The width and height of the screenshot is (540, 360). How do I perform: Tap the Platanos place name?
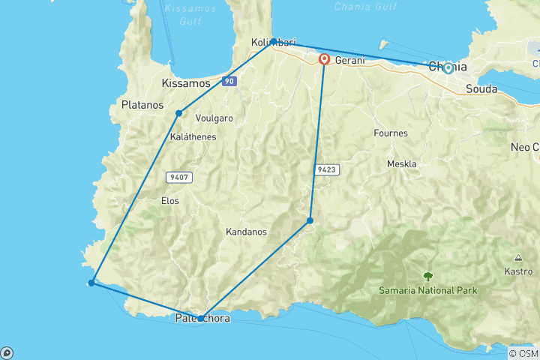[142, 106]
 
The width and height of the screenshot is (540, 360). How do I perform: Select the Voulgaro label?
[214, 118]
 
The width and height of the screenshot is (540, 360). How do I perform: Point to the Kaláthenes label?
[193, 136]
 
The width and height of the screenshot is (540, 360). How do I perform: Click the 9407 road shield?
[177, 178]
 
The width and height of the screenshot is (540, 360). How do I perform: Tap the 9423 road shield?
[327, 170]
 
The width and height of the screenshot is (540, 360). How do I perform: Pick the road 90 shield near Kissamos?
[229, 80]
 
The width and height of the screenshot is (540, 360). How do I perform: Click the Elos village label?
[170, 200]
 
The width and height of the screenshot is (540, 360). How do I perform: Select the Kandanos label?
[246, 232]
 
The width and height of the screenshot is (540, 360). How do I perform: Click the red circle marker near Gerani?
[325, 59]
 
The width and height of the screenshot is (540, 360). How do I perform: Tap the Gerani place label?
[350, 60]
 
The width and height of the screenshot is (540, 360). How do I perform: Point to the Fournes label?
[390, 133]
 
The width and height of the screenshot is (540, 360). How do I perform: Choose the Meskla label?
[401, 163]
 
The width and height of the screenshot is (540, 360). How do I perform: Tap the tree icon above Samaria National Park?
[428, 276]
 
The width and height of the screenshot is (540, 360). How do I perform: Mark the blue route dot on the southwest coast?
[91, 283]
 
